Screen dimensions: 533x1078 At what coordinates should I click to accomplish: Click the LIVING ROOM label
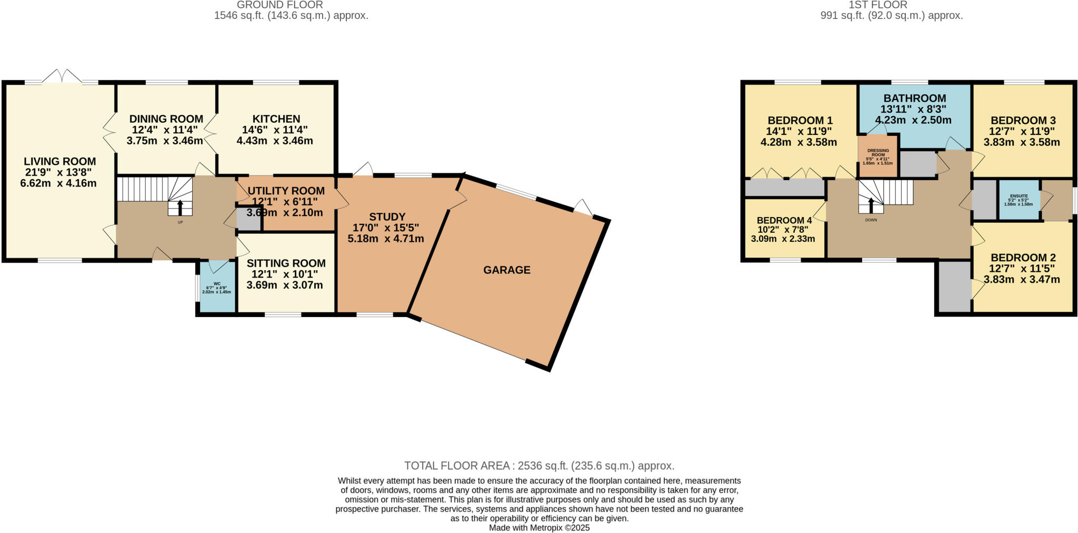coord(59,162)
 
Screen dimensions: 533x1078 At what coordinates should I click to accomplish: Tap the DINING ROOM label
coord(166,119)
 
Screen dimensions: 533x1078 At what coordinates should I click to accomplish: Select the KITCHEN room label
coord(276,119)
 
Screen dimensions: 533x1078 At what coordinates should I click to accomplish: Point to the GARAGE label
coord(506,270)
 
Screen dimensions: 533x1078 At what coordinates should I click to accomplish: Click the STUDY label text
coord(387,217)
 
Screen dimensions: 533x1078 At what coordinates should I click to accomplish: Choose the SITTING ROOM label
coord(286,263)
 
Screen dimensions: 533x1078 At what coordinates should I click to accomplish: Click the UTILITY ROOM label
coord(286,191)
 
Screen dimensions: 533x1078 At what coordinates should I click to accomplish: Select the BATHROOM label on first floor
coord(914,98)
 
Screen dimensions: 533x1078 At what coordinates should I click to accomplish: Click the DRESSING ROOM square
coord(877,156)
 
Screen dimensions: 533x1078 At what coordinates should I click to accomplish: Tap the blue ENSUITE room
coord(1019,200)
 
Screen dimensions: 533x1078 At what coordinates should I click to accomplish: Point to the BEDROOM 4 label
coord(784,220)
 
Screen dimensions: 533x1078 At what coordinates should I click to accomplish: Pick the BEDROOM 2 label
coord(1023,258)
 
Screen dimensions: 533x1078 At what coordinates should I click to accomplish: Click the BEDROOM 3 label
coord(1023,120)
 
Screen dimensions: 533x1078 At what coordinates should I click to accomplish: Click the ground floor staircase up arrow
coord(180,208)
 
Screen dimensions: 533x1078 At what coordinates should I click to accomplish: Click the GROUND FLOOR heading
coord(280,5)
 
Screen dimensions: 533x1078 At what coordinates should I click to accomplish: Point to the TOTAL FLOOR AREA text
coord(539,466)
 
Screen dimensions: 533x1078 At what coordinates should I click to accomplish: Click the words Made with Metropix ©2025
coord(539,527)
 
